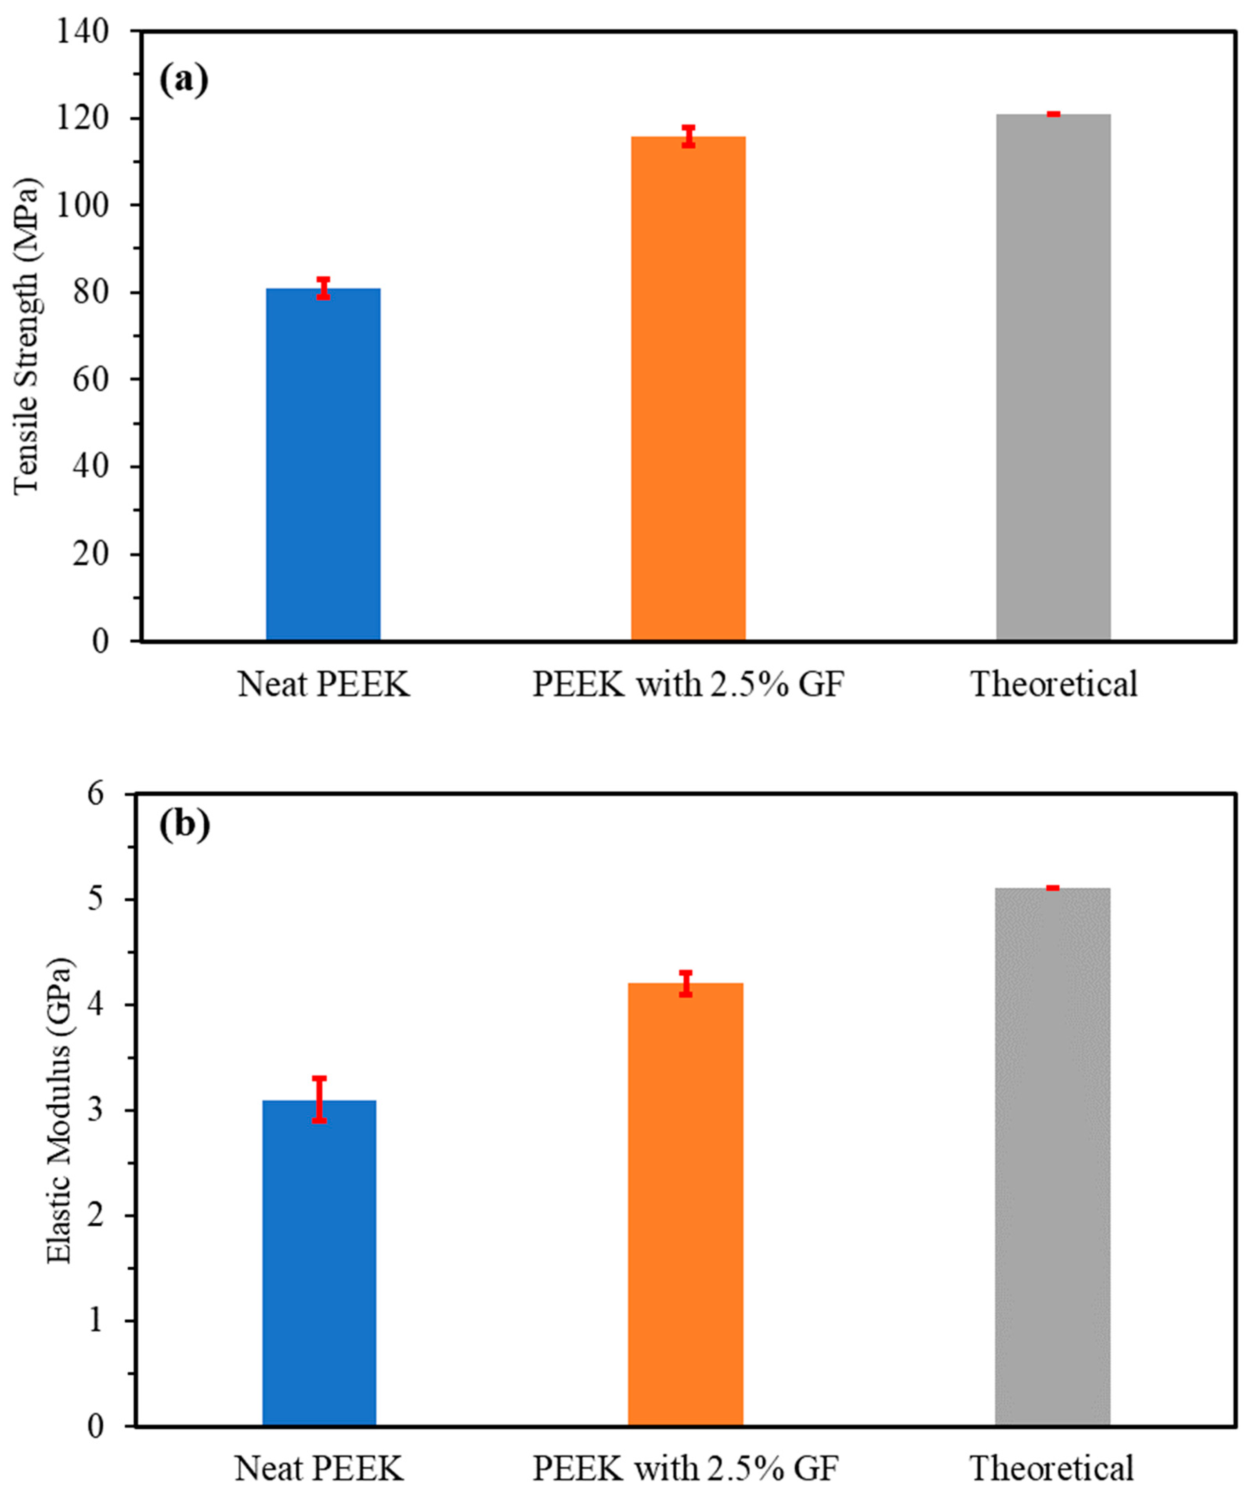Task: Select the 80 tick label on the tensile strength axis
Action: pyautogui.click(x=90, y=292)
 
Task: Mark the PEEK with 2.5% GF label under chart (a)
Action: pyautogui.click(x=688, y=684)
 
